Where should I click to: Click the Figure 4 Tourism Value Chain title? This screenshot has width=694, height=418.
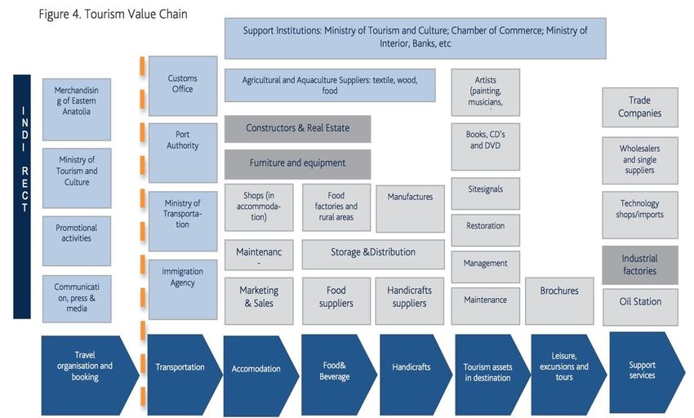click(113, 15)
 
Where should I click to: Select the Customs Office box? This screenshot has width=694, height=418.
click(183, 85)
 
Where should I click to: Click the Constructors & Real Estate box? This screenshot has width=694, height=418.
click(297, 129)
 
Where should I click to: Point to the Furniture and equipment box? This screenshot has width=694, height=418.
click(297, 163)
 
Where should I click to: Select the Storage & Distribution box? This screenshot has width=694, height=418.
click(373, 253)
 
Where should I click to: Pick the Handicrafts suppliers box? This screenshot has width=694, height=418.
click(410, 296)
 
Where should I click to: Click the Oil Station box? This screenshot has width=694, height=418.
click(640, 301)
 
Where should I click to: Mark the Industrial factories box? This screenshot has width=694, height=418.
click(640, 265)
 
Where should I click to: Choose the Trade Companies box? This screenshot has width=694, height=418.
click(640, 107)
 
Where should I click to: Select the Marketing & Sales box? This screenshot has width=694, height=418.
click(259, 296)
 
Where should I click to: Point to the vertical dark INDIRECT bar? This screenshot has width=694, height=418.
click(22, 196)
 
